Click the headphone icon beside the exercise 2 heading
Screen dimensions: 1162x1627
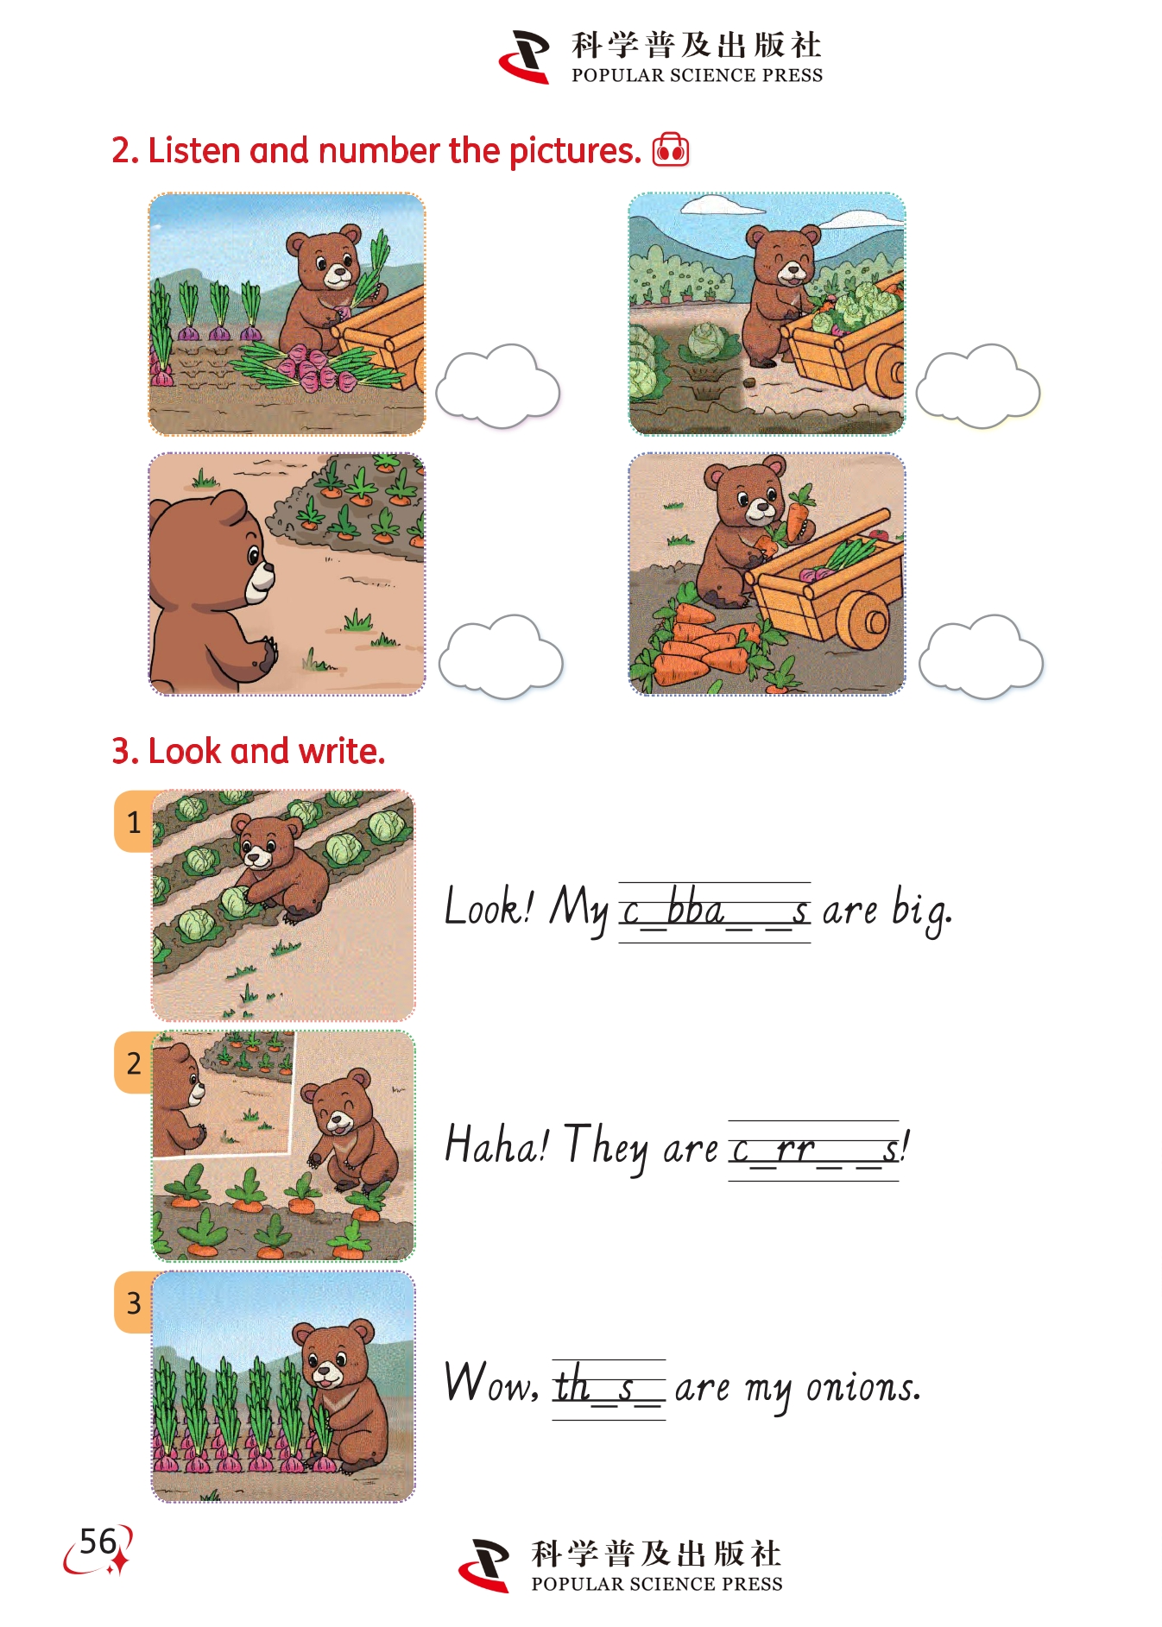click(671, 149)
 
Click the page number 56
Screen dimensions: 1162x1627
click(98, 1542)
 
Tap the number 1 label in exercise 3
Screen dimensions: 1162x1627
click(134, 822)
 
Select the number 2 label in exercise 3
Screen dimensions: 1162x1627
click(134, 1063)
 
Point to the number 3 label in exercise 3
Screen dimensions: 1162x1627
click(134, 1302)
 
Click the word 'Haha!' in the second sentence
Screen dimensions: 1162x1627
click(496, 1145)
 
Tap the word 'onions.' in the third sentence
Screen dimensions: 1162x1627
click(863, 1387)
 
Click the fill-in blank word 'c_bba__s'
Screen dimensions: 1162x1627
click(715, 911)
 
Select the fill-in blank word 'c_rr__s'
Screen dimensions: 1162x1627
click(814, 1150)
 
